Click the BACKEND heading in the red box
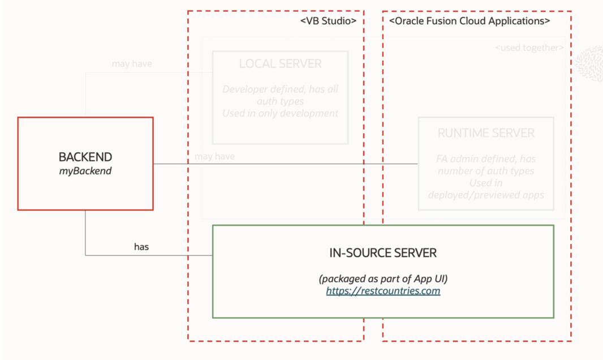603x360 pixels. point(85,157)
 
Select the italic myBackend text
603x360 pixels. point(85,170)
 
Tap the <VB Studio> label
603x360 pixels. point(328,21)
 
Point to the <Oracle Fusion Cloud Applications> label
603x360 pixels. point(470,21)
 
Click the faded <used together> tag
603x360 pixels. point(529,48)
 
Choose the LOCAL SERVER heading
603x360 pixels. point(280,64)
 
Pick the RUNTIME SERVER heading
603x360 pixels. point(486,134)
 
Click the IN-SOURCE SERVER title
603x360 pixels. point(383,253)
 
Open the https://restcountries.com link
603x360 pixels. point(383,291)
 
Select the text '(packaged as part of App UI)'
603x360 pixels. point(383,278)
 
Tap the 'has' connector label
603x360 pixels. point(141,247)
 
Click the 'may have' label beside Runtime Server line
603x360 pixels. point(214,156)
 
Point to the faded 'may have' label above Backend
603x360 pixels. point(132,64)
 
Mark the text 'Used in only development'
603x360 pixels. point(280,113)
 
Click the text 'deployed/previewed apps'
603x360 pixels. point(486,195)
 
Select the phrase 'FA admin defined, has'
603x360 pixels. point(486,158)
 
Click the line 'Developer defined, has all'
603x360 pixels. point(280,89)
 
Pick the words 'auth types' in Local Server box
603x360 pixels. point(280,101)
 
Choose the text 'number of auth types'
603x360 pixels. point(486,170)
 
